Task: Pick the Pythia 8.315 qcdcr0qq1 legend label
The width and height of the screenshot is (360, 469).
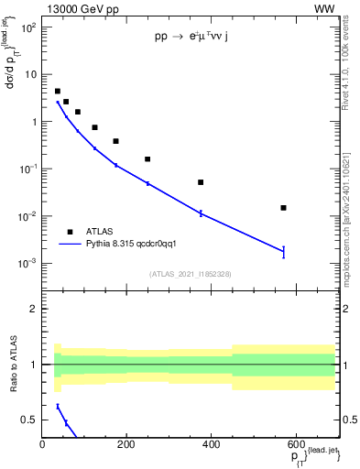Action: [x=136, y=245]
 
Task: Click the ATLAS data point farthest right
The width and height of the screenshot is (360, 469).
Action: [x=284, y=208]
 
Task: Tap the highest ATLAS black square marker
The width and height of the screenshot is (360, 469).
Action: [x=58, y=92]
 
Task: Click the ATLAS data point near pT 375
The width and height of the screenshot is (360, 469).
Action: [x=201, y=182]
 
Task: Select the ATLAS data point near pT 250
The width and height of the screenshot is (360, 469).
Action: [x=147, y=159]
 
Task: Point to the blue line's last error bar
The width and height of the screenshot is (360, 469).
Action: [x=284, y=251]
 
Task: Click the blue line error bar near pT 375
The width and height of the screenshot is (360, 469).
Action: [x=201, y=213]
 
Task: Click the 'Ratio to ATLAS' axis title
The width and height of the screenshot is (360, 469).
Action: [x=14, y=364]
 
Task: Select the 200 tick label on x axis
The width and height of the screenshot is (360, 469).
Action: [x=125, y=445]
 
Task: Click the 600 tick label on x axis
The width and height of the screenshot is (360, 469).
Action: [x=295, y=445]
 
